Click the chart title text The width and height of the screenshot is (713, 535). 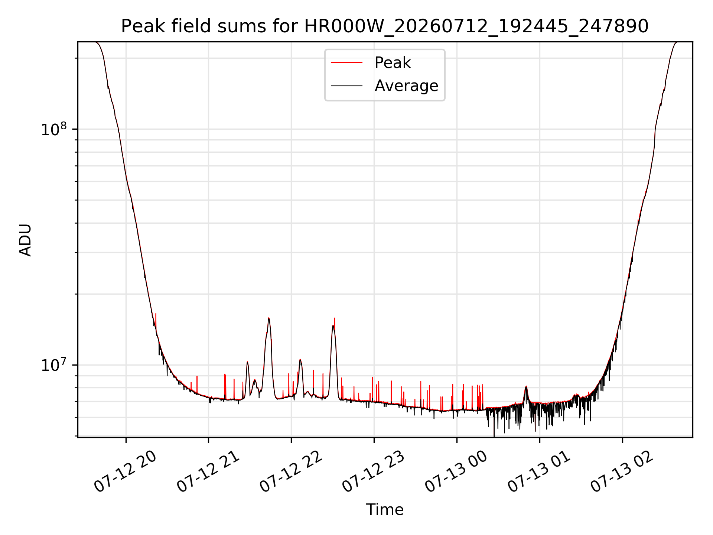[x=385, y=26]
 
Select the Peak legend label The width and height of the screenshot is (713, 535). [x=393, y=63]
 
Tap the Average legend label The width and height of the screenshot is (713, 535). [x=406, y=86]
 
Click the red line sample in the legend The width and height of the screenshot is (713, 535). [x=346, y=62]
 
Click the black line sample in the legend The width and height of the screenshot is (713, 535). [x=346, y=86]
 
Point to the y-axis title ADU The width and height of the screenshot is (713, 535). [x=25, y=240]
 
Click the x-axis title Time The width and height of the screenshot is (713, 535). [x=385, y=510]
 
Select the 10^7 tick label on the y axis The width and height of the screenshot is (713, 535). [x=54, y=364]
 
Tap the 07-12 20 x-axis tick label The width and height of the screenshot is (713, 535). [x=126, y=471]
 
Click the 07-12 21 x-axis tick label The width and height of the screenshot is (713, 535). [x=208, y=471]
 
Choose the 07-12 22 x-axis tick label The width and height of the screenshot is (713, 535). [x=291, y=471]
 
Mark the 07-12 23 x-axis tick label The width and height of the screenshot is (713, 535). [x=374, y=471]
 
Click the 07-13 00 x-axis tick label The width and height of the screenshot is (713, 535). [x=456, y=471]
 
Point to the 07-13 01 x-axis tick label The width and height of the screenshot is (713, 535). [x=539, y=471]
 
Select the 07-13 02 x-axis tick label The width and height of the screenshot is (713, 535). [x=622, y=471]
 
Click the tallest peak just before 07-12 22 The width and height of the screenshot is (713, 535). [x=269, y=318]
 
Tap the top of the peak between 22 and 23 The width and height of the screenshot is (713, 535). [x=333, y=326]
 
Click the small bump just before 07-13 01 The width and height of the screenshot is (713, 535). [x=526, y=387]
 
